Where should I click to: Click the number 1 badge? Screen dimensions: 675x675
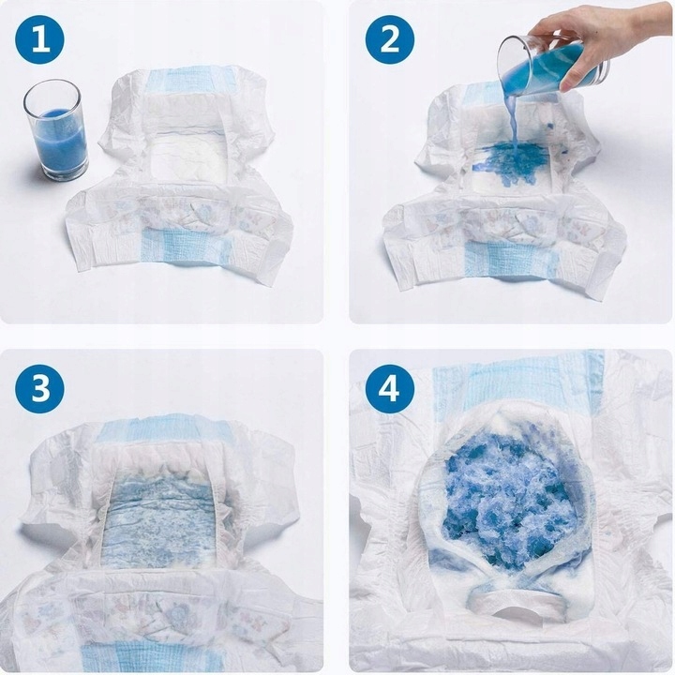[x=40, y=39]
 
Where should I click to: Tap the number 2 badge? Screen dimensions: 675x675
[x=390, y=39]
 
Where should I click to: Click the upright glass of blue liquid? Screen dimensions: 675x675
[x=55, y=129]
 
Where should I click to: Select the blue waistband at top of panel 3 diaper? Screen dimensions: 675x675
[x=161, y=432]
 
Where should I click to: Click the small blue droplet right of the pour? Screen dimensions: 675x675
[x=549, y=127]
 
